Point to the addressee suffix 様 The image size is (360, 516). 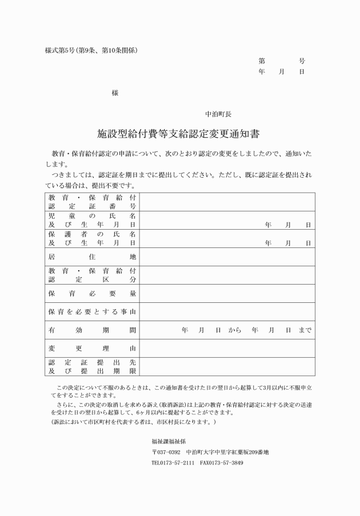pyautogui.click(x=115, y=93)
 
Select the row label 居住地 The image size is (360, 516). pyautogui.click(x=92, y=257)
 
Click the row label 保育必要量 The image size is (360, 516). pyautogui.click(x=92, y=294)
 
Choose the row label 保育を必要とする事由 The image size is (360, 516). pyautogui.click(x=92, y=312)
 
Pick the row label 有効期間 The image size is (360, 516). pyautogui.click(x=92, y=330)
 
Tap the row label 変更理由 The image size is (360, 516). pyautogui.click(x=92, y=349)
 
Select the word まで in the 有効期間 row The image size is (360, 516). pyautogui.click(x=305, y=330)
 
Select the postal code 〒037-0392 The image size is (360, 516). pyautogui.click(x=166, y=452)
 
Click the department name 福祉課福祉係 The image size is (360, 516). pyautogui.click(x=169, y=441)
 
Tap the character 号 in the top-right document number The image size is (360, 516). pyautogui.click(x=302, y=61)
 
